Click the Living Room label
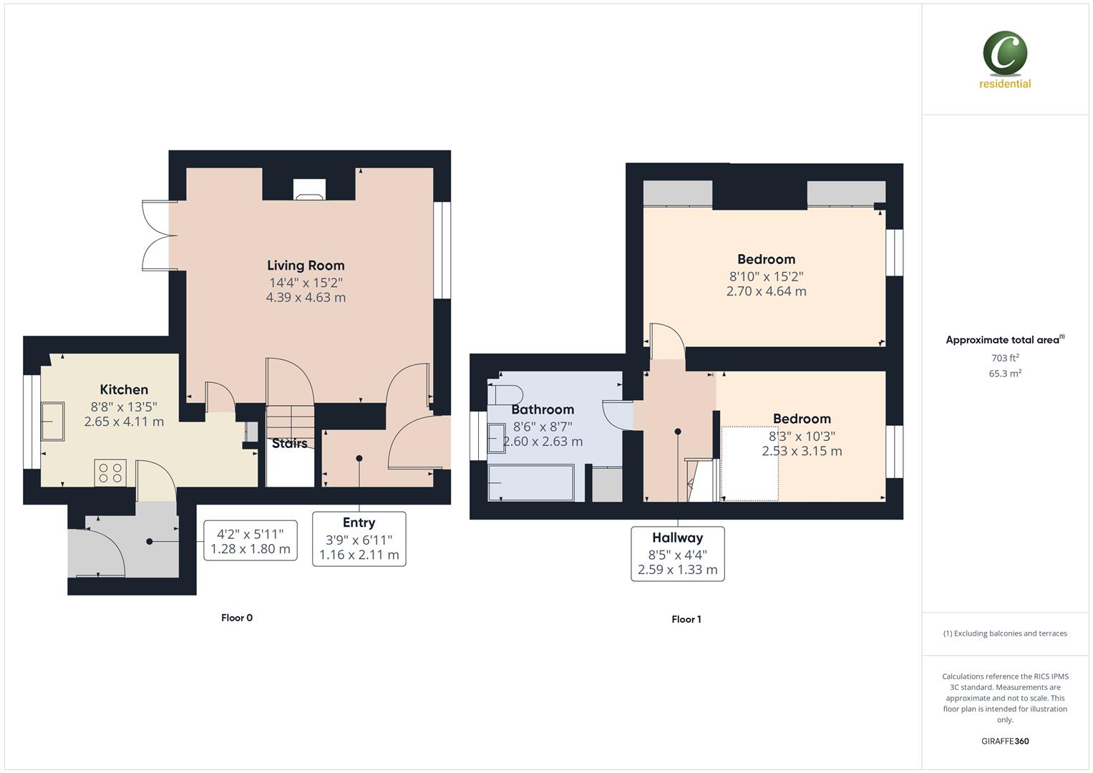click(x=306, y=266)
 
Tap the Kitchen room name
click(x=124, y=389)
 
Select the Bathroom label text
click(x=543, y=409)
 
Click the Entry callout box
click(x=359, y=538)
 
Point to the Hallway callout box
click(x=677, y=553)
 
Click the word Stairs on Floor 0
click(x=290, y=444)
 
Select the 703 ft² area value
click(x=1005, y=358)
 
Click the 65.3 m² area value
click(x=1005, y=374)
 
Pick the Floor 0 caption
click(x=237, y=618)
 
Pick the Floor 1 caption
click(x=686, y=619)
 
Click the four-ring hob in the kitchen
click(x=110, y=472)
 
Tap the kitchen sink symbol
click(x=52, y=422)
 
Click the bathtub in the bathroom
click(x=530, y=482)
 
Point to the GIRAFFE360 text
click(x=1005, y=741)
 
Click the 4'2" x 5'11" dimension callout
click(x=251, y=541)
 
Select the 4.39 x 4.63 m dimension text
click(x=306, y=298)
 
